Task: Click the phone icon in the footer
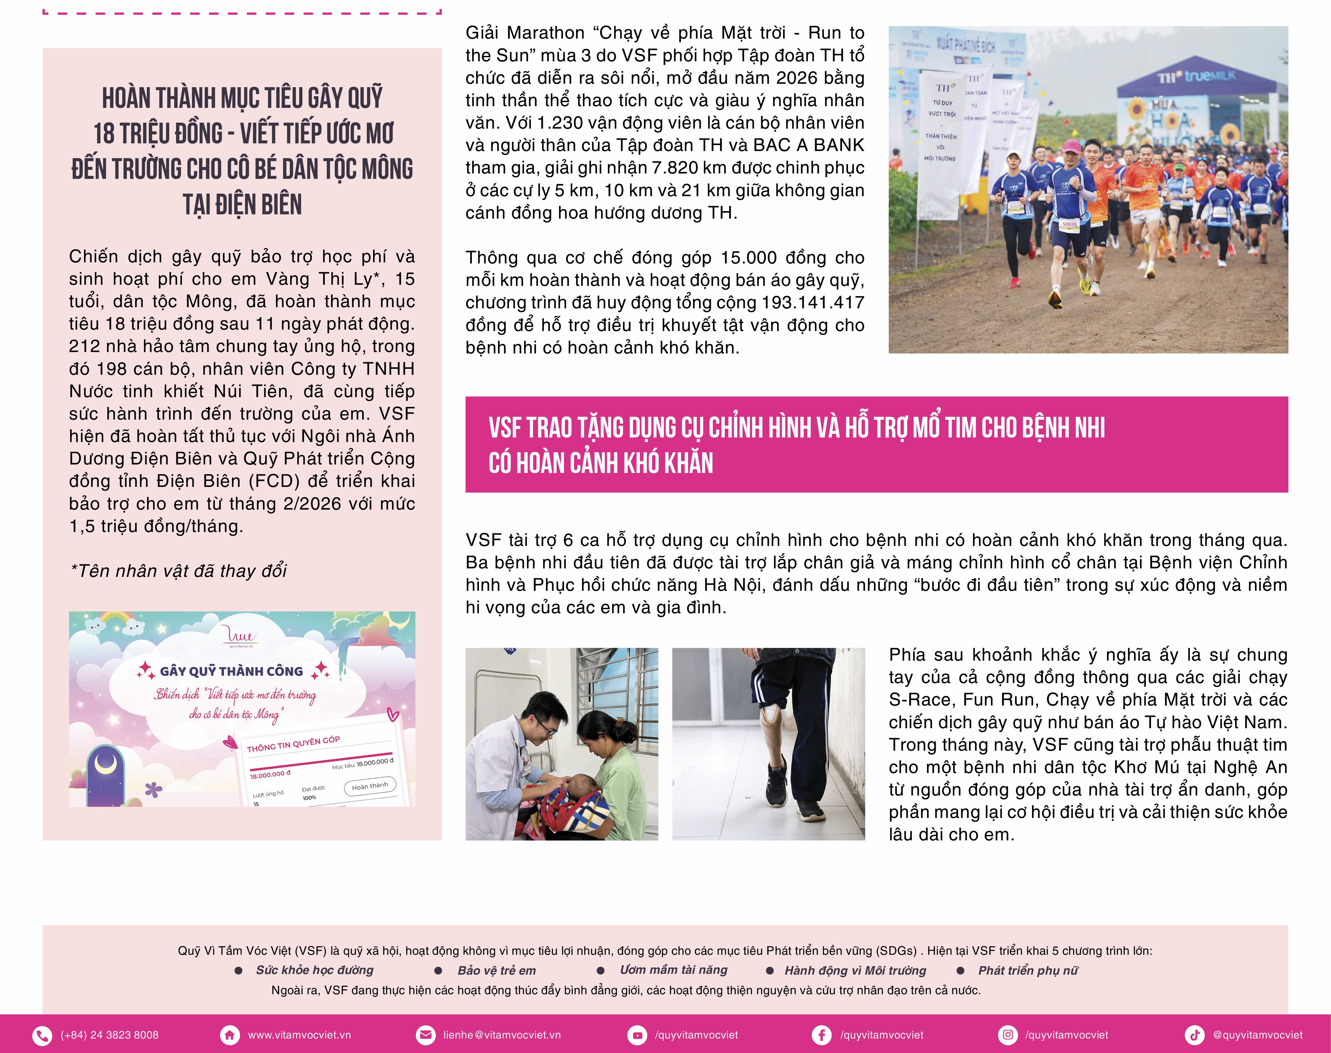(42, 1035)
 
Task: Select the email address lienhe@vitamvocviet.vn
(501, 1035)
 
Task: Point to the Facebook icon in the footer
(822, 1035)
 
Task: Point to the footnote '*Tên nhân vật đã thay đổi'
(178, 571)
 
